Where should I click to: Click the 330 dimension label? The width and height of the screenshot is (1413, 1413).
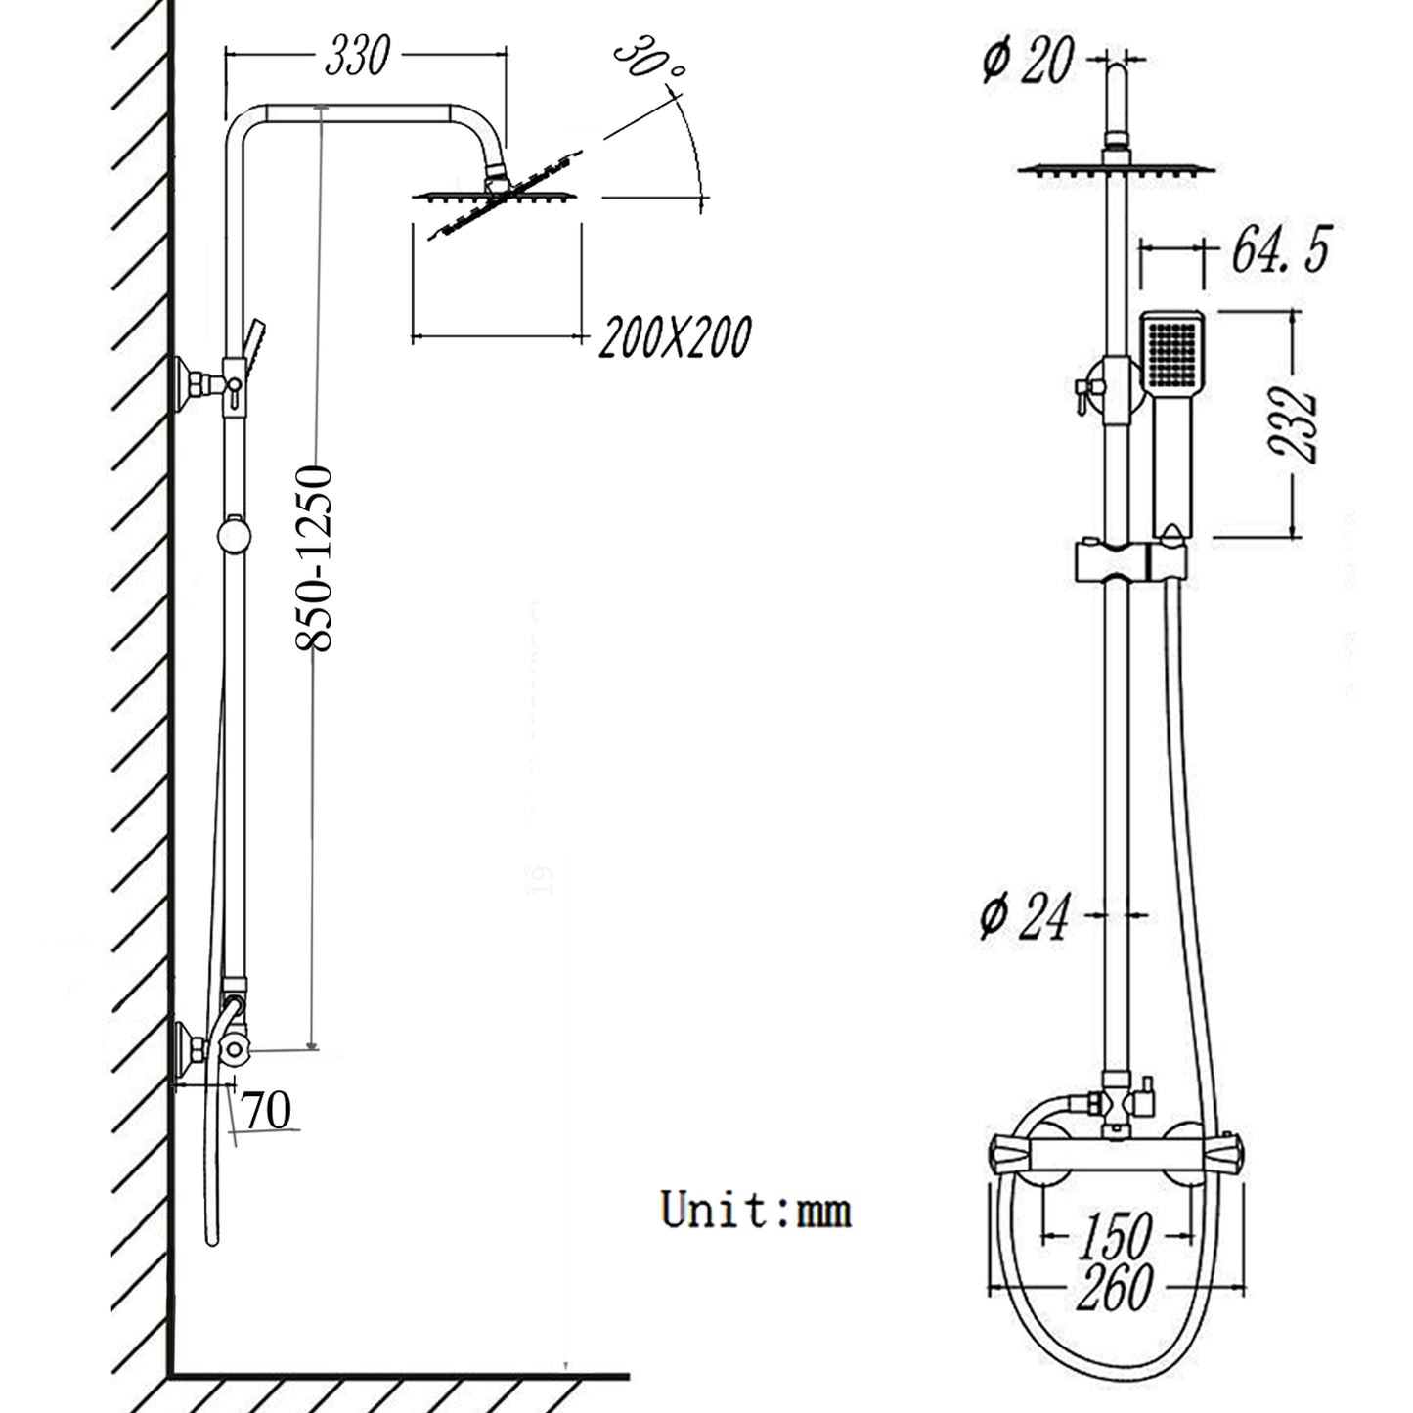357,56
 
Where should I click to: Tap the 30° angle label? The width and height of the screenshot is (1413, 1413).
648,64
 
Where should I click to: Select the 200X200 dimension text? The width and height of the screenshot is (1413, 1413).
675,337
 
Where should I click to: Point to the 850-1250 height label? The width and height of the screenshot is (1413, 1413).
315,558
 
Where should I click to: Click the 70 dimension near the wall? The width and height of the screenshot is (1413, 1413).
267,1111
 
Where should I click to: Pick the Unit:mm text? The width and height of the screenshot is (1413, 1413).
756,1210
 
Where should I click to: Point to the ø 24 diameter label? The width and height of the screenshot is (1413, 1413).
1025,916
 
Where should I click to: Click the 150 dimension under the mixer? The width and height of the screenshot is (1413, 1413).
1116,1237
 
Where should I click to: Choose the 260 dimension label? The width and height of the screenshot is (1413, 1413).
1115,1288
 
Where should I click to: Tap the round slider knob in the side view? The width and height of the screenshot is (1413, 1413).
234,536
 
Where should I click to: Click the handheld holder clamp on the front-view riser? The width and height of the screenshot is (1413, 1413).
1129,561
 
